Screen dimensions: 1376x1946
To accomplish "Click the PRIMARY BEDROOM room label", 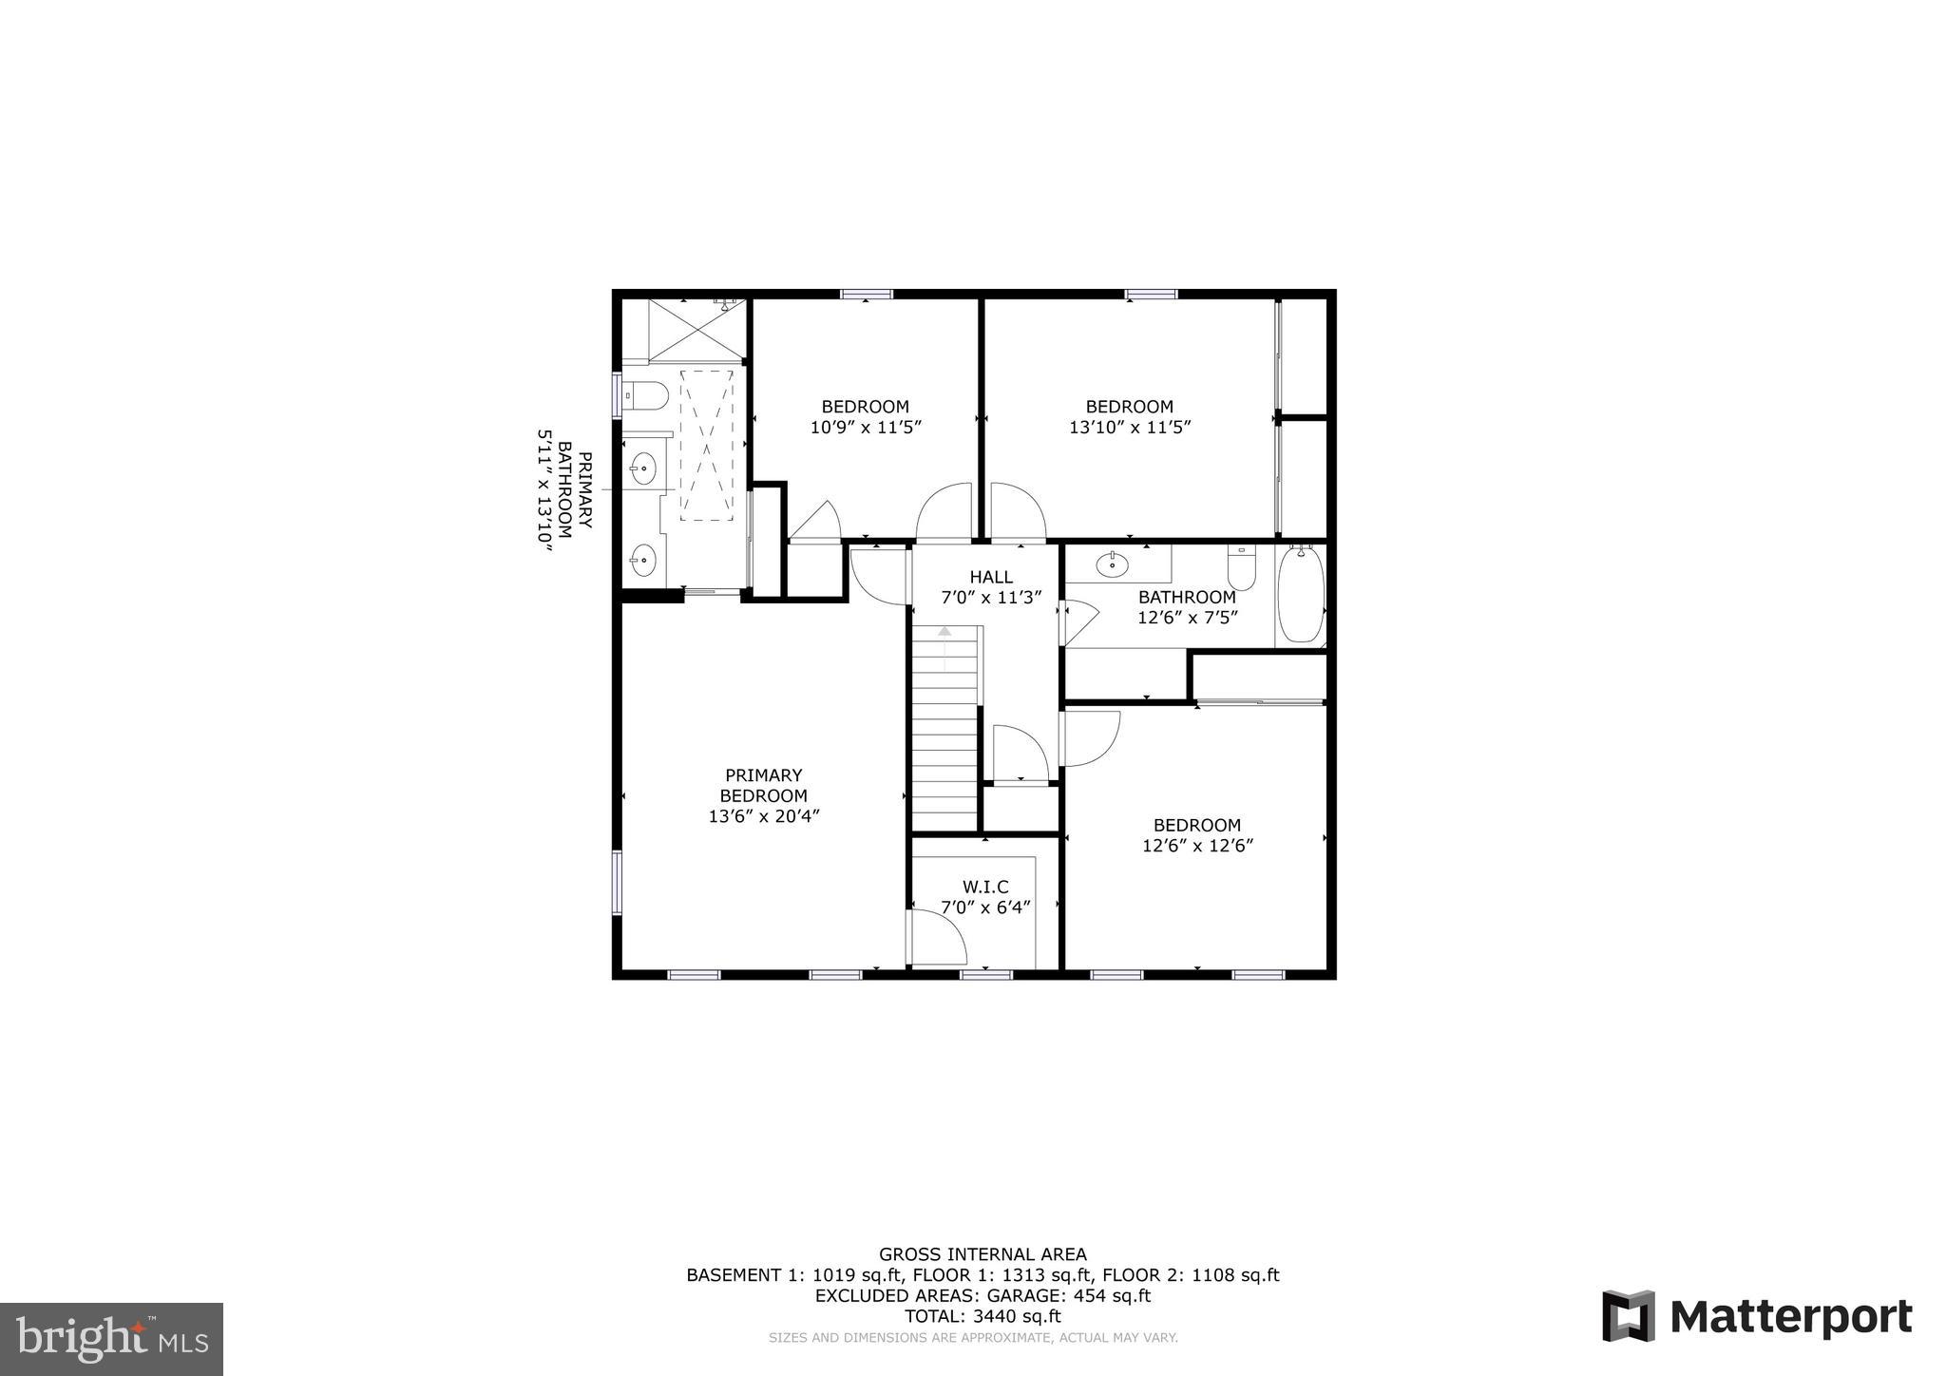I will [763, 786].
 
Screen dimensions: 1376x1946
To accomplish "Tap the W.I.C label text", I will [985, 887].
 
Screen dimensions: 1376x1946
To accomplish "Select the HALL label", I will [991, 577].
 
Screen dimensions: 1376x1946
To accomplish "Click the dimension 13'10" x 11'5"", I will [1130, 428].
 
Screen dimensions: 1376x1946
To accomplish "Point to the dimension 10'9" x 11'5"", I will [866, 428].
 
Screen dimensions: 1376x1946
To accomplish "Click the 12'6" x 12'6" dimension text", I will [1197, 846].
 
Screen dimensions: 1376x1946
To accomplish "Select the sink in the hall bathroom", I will [1112, 565].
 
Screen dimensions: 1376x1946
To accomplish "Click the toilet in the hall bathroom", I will [1241, 567].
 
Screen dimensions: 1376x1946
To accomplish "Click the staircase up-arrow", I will [944, 632].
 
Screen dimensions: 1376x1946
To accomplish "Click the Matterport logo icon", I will [1629, 1316].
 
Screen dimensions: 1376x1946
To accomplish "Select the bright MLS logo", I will [111, 1339].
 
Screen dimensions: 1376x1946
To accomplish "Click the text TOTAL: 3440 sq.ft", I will [983, 1316].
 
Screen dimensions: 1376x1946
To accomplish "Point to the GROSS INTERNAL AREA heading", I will [983, 1254].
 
